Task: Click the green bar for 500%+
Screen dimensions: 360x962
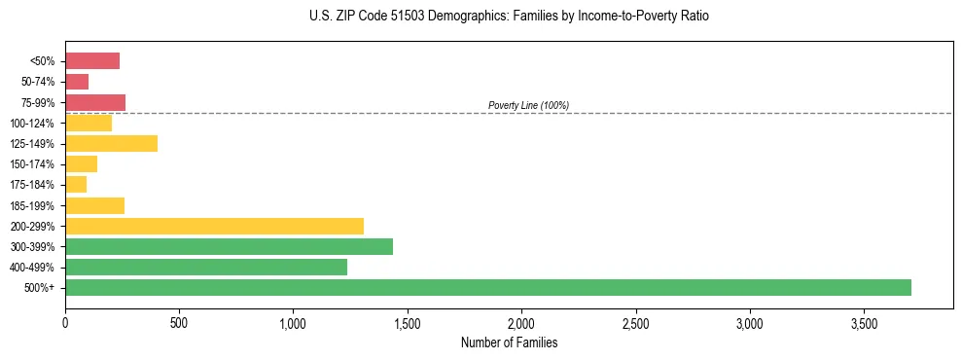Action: [488, 287]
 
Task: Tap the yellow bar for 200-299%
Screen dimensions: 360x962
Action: [214, 226]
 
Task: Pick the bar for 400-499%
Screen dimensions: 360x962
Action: [206, 267]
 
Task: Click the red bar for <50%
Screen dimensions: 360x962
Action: [92, 61]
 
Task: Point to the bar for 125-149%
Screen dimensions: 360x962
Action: [111, 144]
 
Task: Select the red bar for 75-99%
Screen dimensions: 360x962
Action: [95, 102]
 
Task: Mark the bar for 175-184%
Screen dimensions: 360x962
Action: [76, 185]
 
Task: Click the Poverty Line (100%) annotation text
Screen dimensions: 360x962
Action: [528, 105]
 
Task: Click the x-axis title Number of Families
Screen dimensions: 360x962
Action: [509, 342]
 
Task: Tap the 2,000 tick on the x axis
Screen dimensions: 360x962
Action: [521, 322]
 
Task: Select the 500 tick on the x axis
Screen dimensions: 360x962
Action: [179, 322]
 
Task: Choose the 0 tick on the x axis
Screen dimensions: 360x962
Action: [65, 322]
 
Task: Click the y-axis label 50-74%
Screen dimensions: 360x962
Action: [38, 82]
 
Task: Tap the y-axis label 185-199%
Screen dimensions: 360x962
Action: [34, 205]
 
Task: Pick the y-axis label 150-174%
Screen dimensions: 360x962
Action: [34, 164]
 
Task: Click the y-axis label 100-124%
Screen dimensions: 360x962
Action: [34, 124]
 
